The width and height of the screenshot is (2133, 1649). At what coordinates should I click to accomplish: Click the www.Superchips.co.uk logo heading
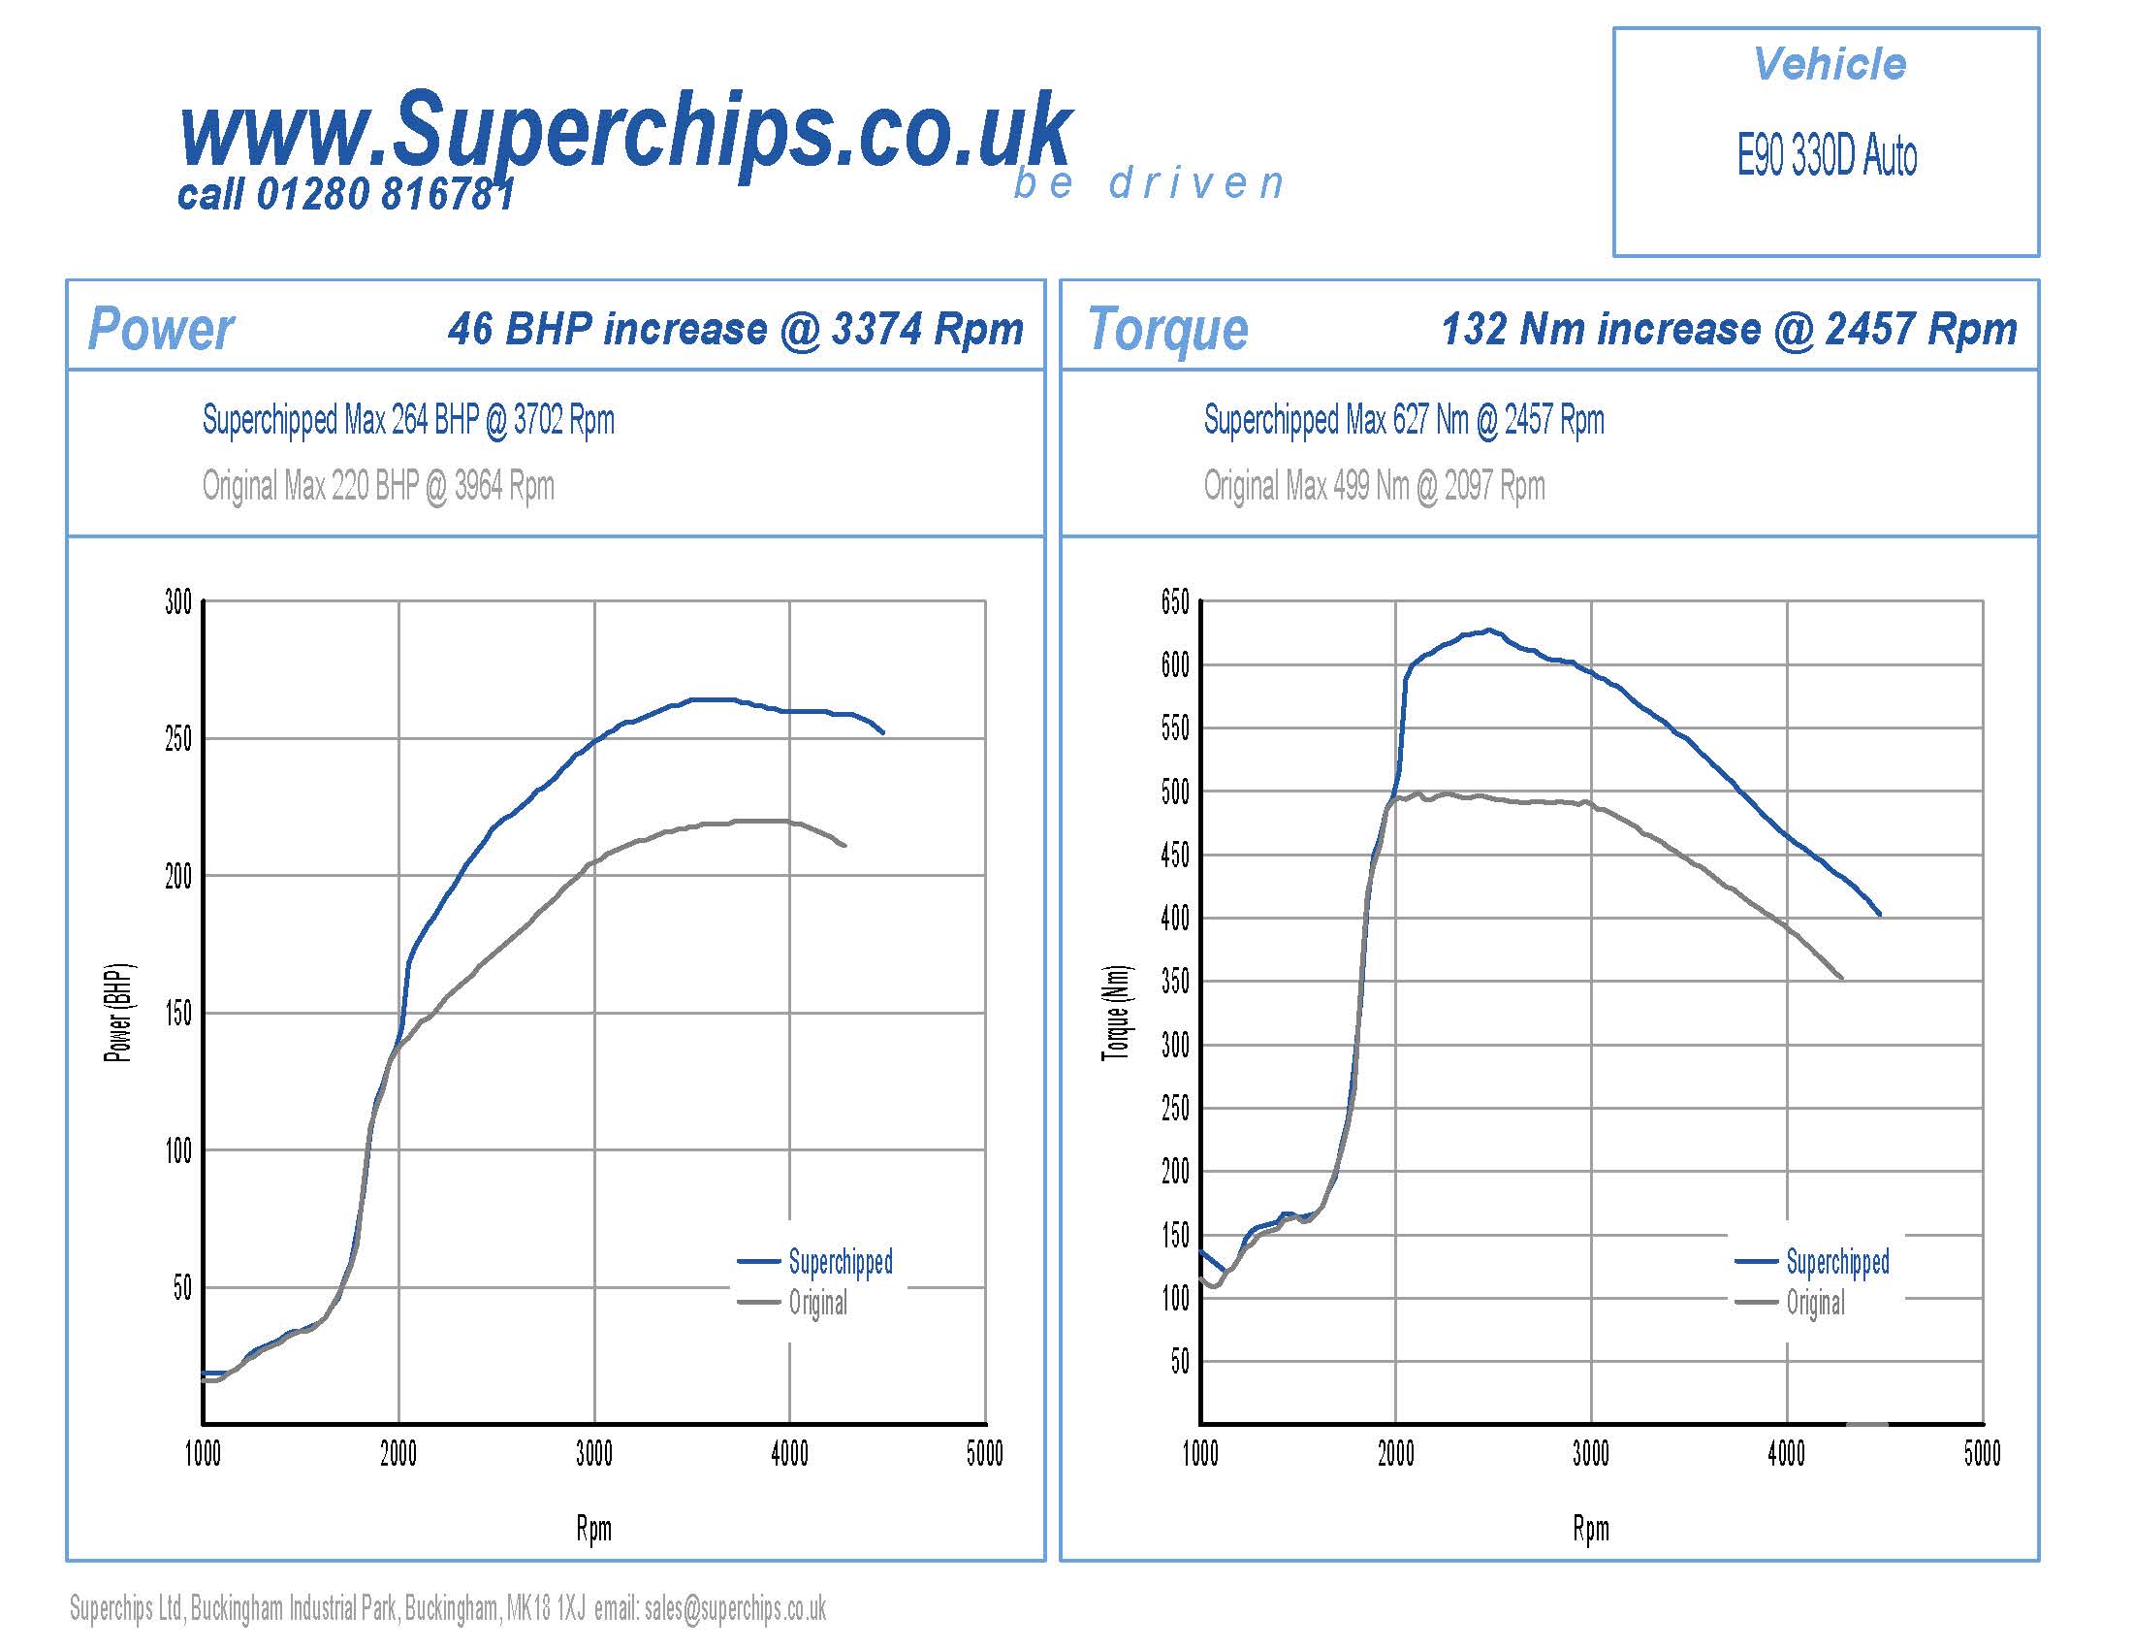click(625, 132)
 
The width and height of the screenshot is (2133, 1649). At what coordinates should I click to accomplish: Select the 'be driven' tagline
click(1149, 183)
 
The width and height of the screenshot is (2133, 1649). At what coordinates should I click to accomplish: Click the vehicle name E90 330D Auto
click(1827, 156)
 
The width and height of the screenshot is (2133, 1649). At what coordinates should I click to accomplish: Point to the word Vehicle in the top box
click(1830, 64)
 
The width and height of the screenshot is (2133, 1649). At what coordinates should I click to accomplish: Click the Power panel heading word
click(161, 329)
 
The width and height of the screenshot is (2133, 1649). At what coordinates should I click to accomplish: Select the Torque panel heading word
click(1168, 329)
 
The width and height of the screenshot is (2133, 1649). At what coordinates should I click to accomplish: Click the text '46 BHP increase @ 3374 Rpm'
click(736, 329)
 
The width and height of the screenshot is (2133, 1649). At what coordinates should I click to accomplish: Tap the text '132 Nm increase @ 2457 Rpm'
click(1729, 329)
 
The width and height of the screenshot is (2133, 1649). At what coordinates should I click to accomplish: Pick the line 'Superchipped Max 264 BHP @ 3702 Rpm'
click(408, 420)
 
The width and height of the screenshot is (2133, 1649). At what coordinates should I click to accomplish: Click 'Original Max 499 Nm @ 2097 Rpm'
click(1374, 486)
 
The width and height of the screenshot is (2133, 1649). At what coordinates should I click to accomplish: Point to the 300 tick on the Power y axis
click(178, 601)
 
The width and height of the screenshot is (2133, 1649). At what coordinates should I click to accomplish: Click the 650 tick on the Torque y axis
click(1175, 601)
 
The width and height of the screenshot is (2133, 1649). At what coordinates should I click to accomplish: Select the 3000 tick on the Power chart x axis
click(593, 1455)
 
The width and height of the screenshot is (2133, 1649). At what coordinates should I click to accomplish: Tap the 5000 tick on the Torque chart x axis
click(1983, 1455)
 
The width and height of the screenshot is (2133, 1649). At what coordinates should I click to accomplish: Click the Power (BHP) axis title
click(118, 1013)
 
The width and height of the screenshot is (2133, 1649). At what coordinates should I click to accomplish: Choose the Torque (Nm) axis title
click(1115, 1013)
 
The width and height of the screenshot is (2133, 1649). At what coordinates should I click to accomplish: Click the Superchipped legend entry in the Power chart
click(840, 1262)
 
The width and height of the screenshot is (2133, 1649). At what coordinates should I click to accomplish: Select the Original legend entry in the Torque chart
click(1816, 1302)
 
